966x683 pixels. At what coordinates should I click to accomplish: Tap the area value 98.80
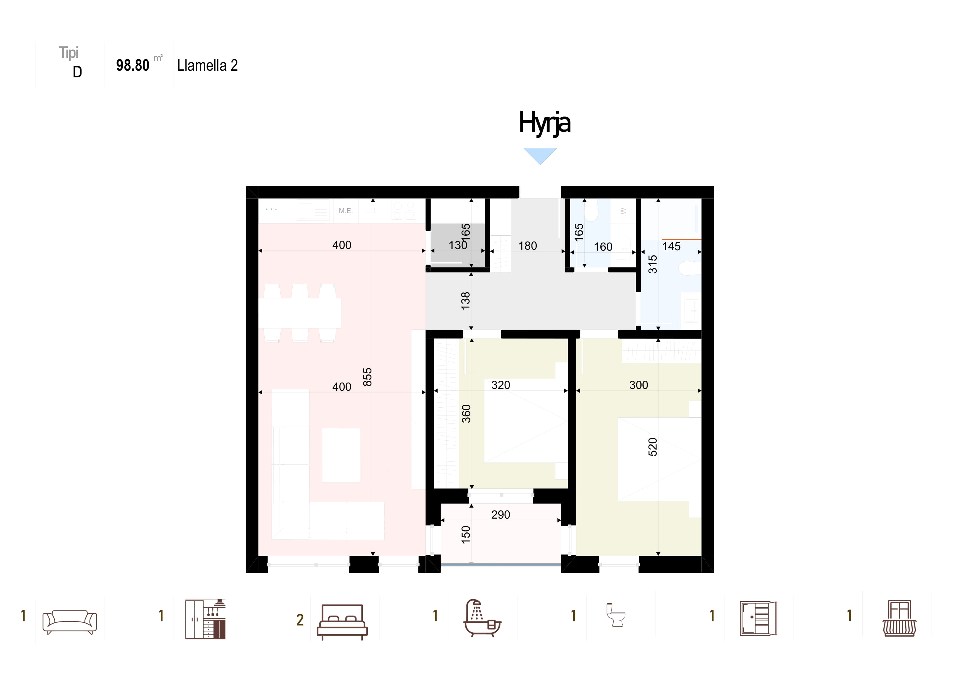tap(133, 65)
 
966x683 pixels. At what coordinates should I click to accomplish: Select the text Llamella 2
tap(207, 65)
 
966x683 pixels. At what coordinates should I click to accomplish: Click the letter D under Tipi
tap(77, 72)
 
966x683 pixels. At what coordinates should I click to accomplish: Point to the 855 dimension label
tap(367, 377)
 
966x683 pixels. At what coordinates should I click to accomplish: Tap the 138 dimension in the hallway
tap(465, 301)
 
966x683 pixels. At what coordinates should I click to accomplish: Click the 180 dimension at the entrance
tap(528, 246)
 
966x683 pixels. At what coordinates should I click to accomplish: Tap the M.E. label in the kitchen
tap(346, 211)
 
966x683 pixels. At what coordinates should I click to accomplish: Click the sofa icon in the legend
tap(70, 622)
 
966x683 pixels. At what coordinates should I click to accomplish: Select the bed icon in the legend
tap(342, 622)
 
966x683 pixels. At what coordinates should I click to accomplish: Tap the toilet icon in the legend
tap(616, 615)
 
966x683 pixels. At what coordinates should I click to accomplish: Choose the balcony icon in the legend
tap(899, 618)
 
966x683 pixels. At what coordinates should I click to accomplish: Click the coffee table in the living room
tap(341, 455)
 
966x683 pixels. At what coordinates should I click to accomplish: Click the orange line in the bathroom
tap(682, 239)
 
